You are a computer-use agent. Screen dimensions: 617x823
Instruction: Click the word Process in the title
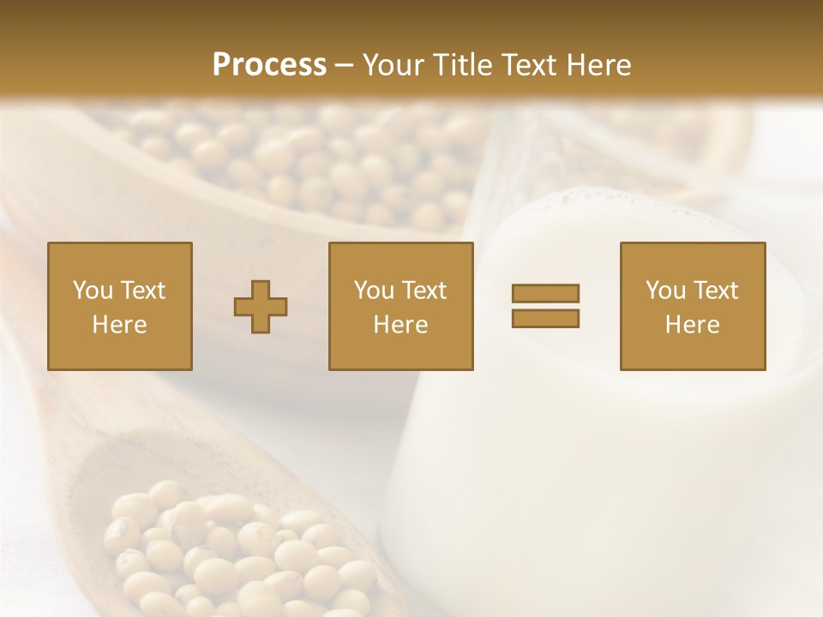click(x=269, y=65)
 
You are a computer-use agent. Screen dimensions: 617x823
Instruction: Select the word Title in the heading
click(x=463, y=65)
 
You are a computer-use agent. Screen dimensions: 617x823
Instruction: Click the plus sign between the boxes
click(x=261, y=307)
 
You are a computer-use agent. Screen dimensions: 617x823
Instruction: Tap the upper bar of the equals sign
click(x=545, y=293)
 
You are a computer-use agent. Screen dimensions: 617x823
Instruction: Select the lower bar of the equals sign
click(x=545, y=318)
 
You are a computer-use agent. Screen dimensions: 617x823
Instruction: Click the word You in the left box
click(x=92, y=291)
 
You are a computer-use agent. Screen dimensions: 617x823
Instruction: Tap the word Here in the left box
click(x=119, y=325)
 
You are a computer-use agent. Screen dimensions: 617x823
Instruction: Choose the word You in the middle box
click(x=373, y=291)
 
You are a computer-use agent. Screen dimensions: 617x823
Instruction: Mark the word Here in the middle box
click(x=400, y=325)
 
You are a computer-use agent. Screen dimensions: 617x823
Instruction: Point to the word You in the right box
click(x=664, y=291)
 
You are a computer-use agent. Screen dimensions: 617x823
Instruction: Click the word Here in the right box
click(x=692, y=325)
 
